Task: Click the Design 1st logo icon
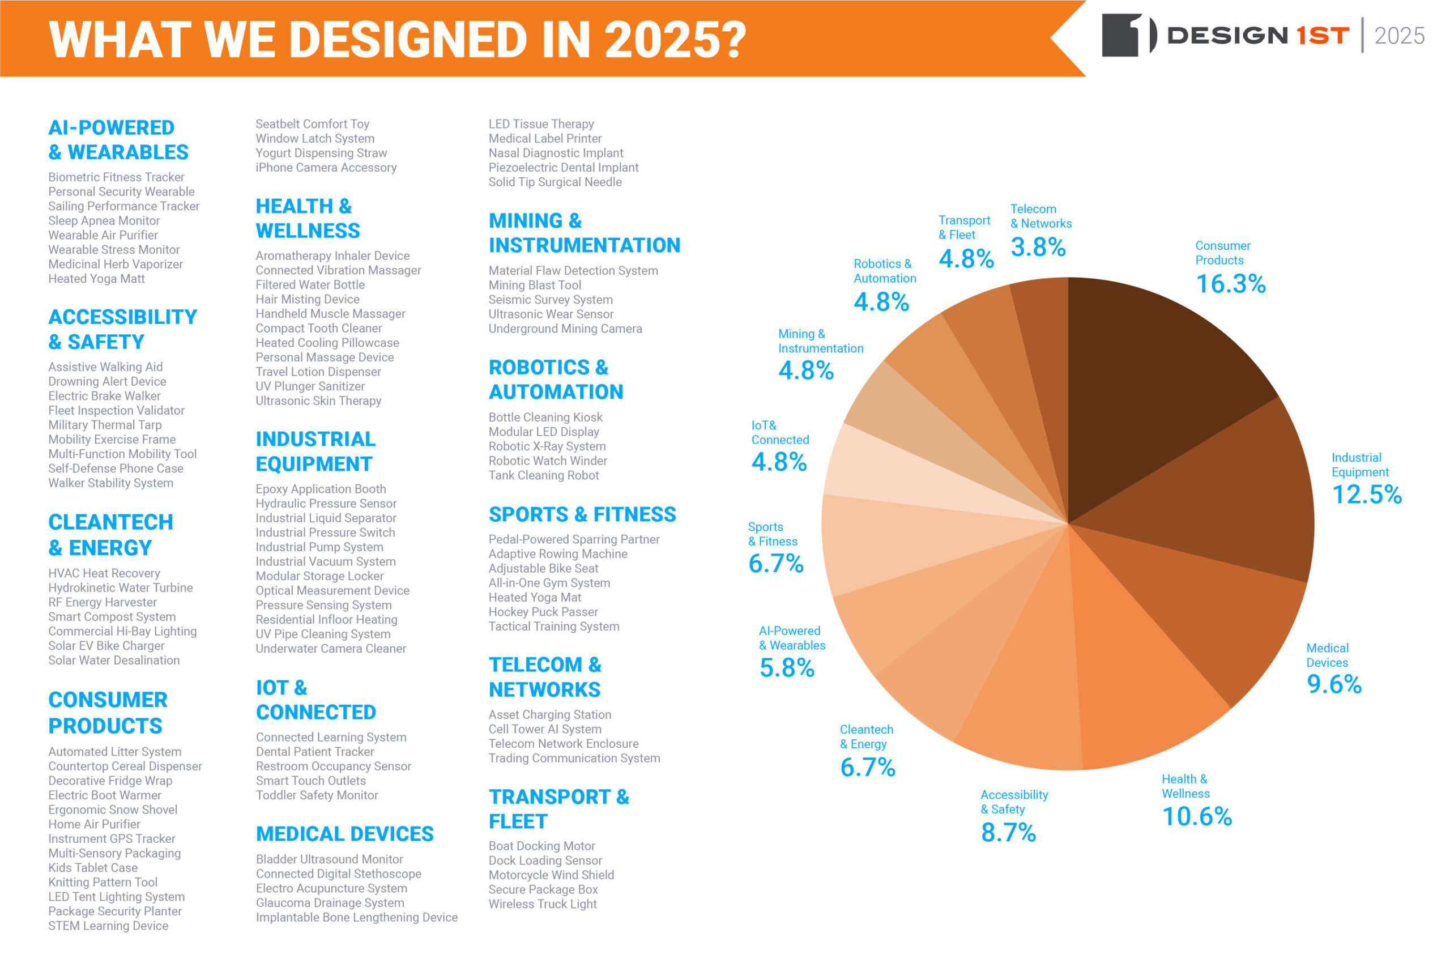click(1129, 35)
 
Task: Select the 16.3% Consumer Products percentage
click(1231, 284)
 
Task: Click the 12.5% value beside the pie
click(1367, 495)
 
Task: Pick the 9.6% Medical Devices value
click(1334, 684)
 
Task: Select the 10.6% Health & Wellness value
click(1197, 816)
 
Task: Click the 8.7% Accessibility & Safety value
click(1008, 833)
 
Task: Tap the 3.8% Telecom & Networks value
click(1038, 248)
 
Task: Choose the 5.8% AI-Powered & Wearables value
click(787, 668)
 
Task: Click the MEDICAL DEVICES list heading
click(344, 834)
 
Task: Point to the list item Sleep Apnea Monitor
click(104, 221)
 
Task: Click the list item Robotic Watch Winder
click(548, 461)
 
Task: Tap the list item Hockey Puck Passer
click(543, 612)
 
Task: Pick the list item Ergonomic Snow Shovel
click(113, 810)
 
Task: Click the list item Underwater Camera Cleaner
click(331, 649)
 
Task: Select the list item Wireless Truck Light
click(543, 904)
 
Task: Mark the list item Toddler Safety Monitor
click(317, 795)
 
